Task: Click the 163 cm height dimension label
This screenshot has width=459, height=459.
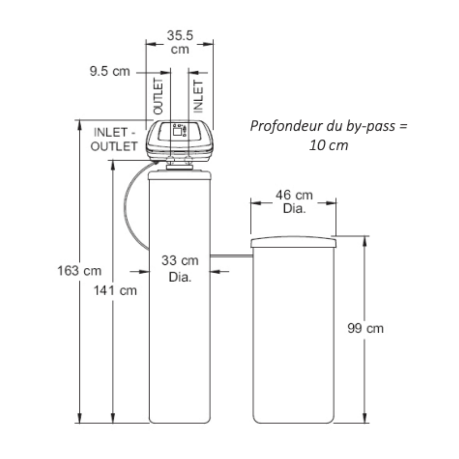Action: click(79, 271)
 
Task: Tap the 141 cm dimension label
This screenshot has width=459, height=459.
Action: click(115, 291)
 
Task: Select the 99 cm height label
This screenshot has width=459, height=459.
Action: click(365, 328)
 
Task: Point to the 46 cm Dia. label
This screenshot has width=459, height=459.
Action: click(294, 202)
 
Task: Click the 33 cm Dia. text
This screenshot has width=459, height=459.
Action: click(180, 269)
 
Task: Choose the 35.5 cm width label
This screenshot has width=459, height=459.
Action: click(180, 42)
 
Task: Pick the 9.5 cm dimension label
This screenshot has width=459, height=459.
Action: click(110, 71)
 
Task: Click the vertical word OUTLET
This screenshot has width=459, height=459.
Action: click(158, 96)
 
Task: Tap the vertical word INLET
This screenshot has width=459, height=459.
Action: click(198, 96)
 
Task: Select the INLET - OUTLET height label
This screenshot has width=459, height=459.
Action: click(114, 139)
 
